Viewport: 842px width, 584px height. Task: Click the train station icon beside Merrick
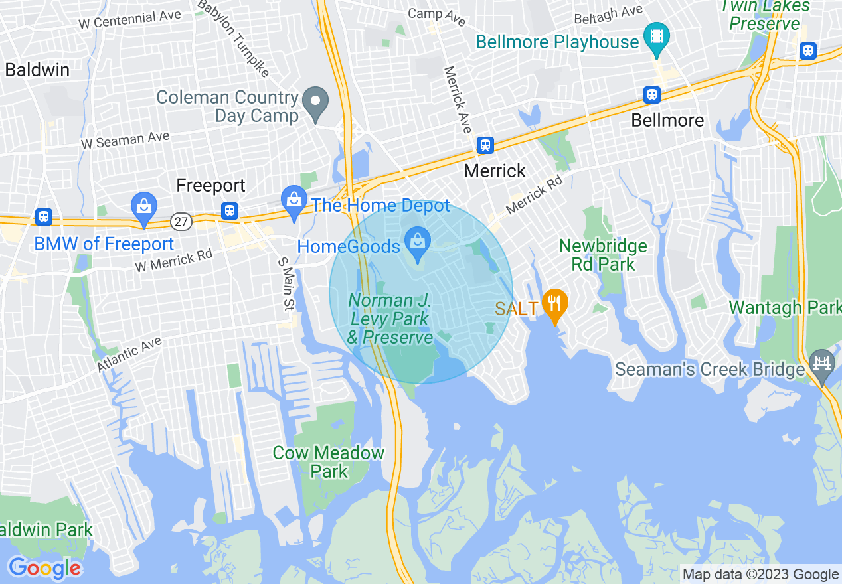pos(485,145)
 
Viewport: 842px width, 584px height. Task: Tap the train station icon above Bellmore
pos(652,95)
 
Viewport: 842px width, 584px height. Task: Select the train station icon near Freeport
pos(230,210)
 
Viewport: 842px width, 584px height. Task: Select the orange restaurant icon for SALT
pos(554,305)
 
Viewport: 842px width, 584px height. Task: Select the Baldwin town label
pos(37,70)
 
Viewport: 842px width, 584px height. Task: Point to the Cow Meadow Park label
pos(329,462)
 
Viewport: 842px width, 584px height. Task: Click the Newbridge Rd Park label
pos(602,255)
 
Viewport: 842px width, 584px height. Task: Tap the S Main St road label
pos(285,284)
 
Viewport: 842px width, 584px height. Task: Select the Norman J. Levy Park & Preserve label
pos(390,319)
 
